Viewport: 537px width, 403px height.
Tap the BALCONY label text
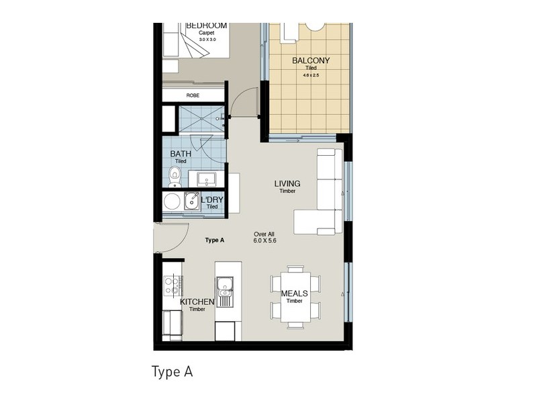pos(310,60)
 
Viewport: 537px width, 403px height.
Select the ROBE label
pos(193,95)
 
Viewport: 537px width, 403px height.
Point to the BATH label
pos(181,154)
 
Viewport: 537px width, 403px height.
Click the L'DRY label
pos(212,200)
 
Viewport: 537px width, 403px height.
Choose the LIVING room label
pos(287,183)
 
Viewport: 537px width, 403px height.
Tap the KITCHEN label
pos(197,302)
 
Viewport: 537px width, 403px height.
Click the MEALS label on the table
pos(295,294)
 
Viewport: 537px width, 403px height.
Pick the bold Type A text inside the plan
pos(214,240)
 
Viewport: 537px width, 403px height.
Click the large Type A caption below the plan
pos(173,371)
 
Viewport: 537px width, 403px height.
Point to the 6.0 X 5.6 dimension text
pos(264,240)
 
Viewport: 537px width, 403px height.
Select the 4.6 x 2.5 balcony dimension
pos(310,75)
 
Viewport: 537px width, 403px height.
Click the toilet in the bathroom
pos(175,177)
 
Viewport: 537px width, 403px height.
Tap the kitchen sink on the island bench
pos(225,291)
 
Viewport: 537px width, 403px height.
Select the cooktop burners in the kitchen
pos(172,286)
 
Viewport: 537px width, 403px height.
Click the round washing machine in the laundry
pos(173,201)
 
